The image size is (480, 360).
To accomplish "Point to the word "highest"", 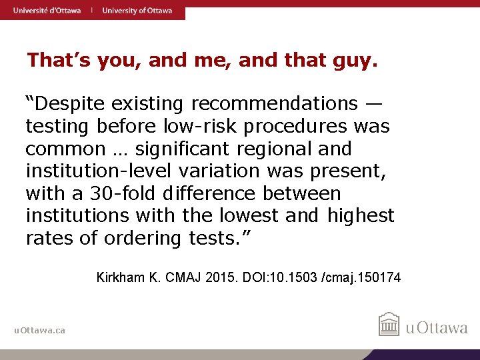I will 361,216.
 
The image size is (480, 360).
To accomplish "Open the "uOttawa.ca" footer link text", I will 40,330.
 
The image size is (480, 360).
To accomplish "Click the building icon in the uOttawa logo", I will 389,325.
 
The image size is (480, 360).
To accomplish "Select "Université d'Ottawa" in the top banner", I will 47,10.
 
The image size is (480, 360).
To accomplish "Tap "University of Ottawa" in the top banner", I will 137,10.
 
